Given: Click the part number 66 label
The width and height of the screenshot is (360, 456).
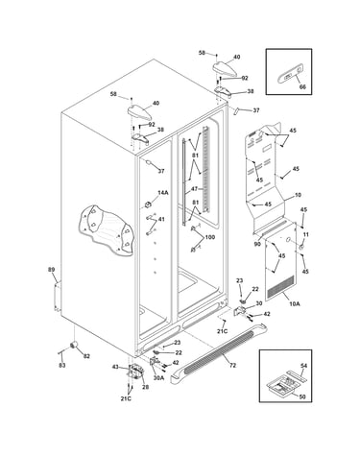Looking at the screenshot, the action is click(302, 86).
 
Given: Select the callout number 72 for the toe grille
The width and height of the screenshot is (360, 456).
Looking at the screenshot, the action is click(232, 365).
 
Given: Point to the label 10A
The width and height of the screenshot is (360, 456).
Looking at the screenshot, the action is click(295, 303).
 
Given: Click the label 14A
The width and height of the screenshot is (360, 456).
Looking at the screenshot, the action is click(163, 193).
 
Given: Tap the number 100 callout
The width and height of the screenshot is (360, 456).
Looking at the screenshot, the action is click(209, 237).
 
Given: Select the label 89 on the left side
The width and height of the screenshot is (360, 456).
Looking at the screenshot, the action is click(52, 270).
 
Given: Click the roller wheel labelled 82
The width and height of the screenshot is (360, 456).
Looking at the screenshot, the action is click(74, 345).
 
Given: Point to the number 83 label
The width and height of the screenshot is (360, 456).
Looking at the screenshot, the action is click(62, 365).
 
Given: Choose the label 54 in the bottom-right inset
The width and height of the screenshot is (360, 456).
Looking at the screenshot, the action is click(303, 366).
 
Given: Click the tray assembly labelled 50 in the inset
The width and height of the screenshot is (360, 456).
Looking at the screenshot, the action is click(281, 384).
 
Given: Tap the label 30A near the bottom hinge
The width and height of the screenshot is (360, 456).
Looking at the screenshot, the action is click(158, 377).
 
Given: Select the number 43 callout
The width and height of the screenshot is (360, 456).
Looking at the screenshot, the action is click(115, 367).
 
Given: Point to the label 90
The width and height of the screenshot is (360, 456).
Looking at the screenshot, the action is click(257, 245).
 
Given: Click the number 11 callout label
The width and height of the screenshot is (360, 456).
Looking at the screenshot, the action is click(306, 234).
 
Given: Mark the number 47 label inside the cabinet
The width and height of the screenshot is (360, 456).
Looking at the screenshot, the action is click(194, 189).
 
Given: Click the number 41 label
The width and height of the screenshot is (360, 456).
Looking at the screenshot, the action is click(161, 220).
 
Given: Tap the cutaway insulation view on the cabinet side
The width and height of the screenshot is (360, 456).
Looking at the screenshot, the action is click(105, 229).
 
